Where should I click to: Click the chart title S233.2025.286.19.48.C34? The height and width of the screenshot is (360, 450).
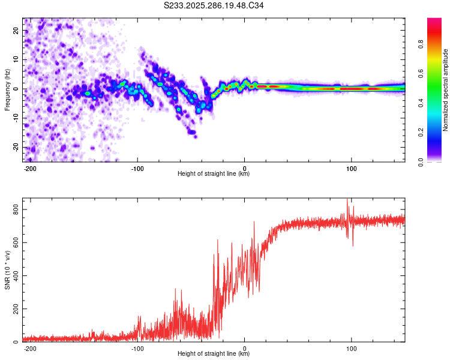(214, 5)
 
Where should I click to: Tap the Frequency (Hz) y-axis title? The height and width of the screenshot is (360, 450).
(7, 90)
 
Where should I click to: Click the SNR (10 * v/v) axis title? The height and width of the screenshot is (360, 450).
(7, 271)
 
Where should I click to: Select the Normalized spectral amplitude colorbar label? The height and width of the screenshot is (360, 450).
(445, 90)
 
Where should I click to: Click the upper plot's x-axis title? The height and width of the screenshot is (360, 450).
(214, 174)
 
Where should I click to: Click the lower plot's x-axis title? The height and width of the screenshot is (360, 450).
(214, 354)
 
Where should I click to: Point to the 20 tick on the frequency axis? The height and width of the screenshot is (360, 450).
(16, 31)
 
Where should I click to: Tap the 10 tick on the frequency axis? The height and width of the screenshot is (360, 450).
(16, 60)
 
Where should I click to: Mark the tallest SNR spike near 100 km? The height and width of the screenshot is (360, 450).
(346, 200)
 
